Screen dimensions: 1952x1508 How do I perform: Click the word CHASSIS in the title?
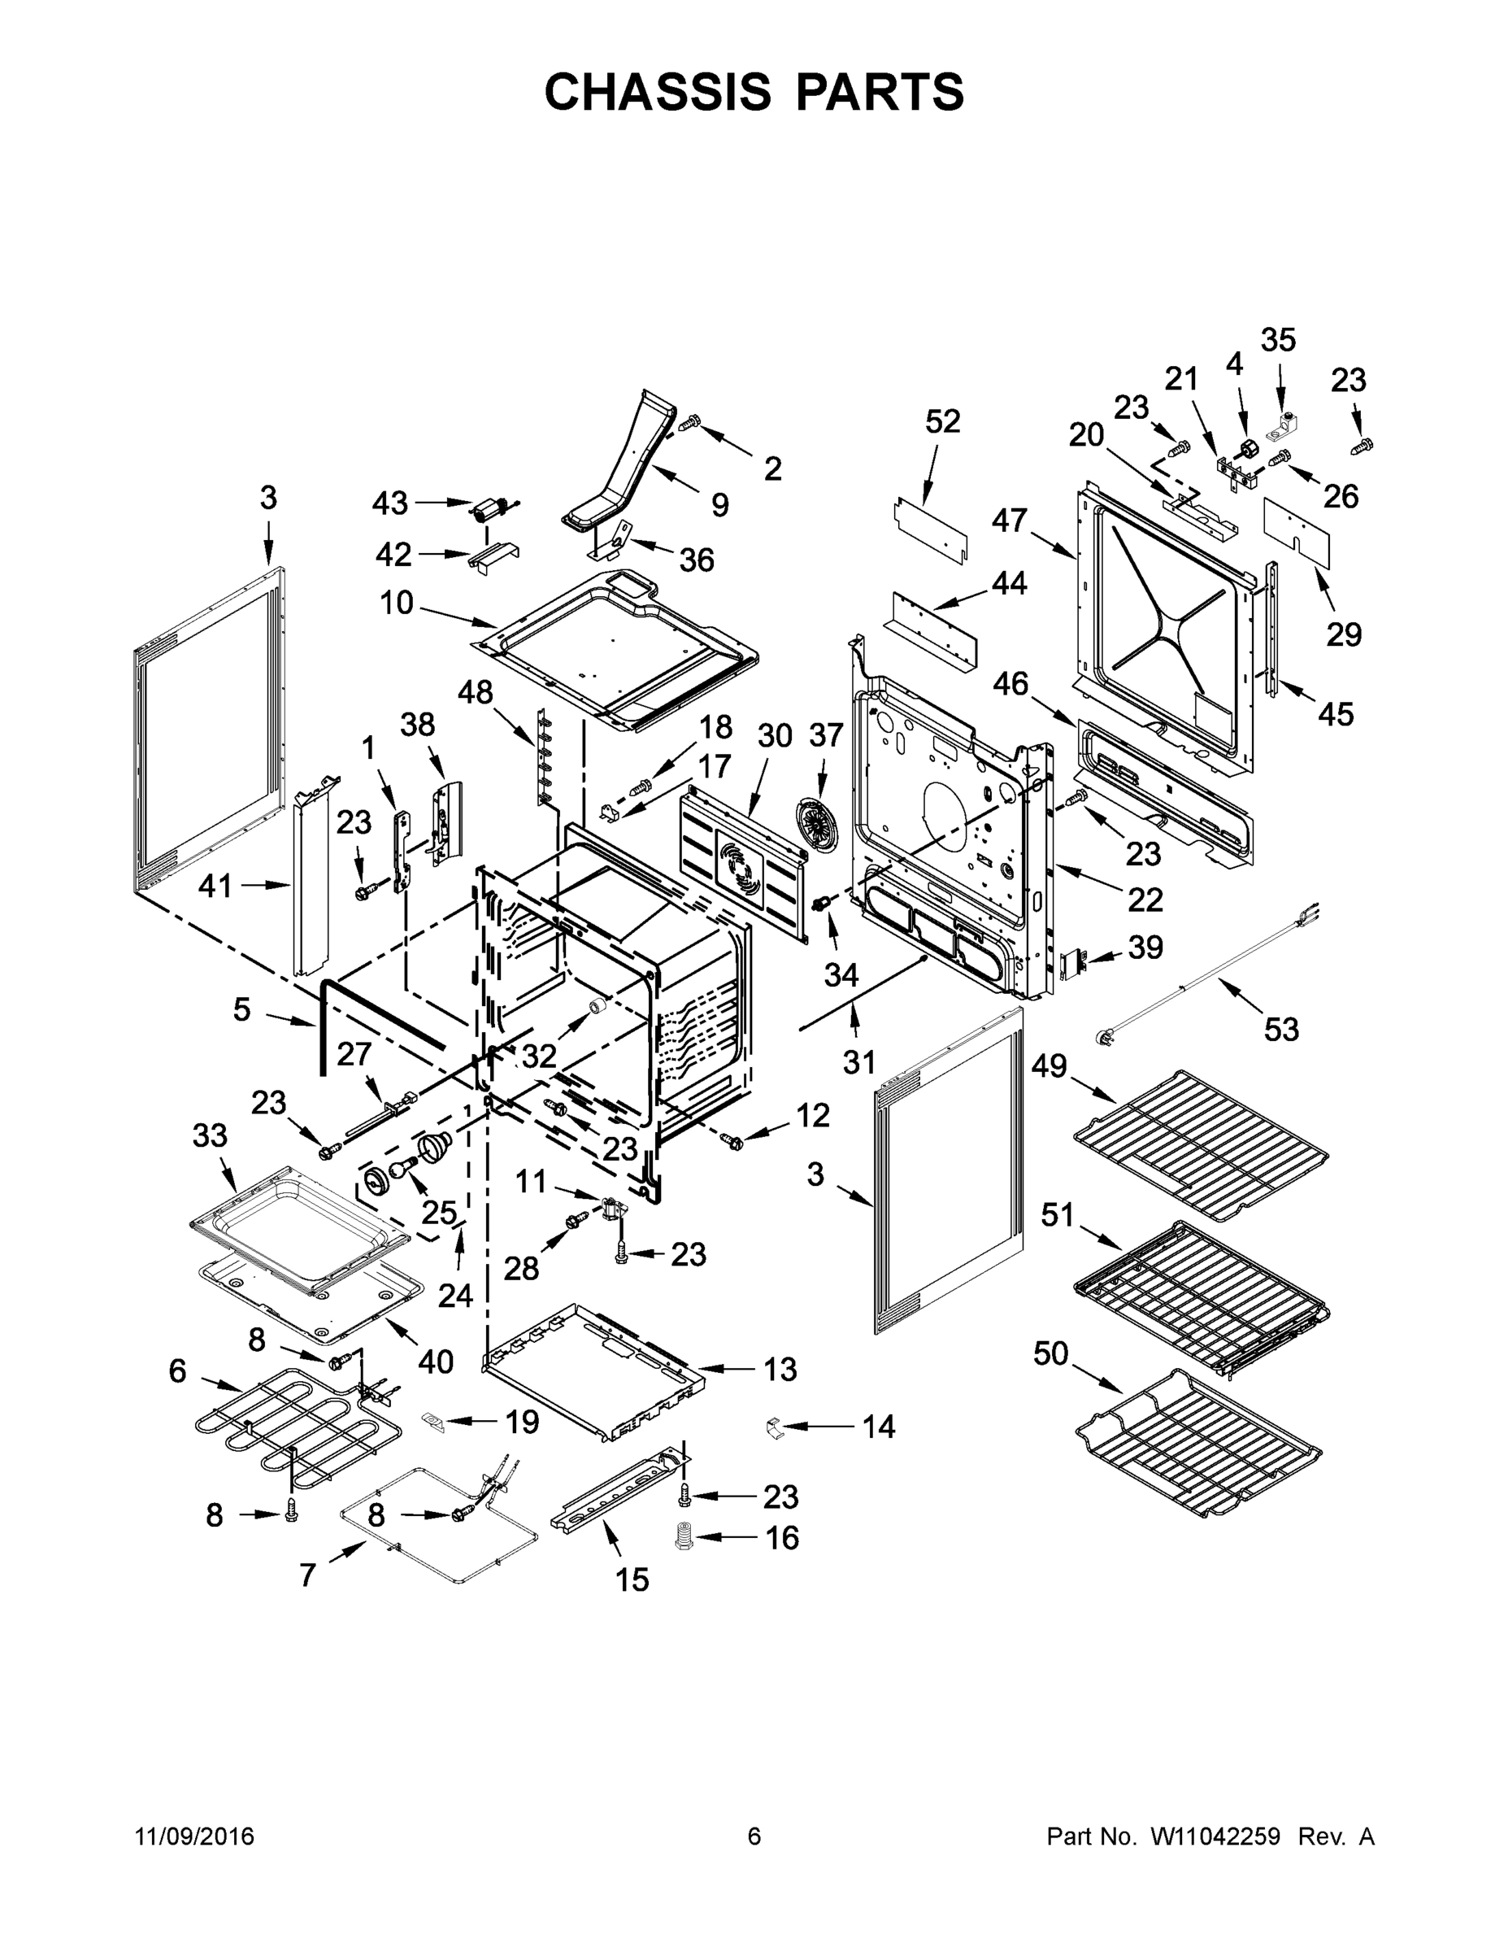click(658, 91)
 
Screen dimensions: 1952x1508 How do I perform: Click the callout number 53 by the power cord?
click(1280, 1030)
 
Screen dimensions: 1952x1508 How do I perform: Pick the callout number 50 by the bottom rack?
click(1050, 1353)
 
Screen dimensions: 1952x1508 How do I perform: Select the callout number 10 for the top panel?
click(396, 603)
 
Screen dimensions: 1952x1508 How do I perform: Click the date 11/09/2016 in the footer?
click(195, 1836)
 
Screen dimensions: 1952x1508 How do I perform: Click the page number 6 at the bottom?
click(754, 1836)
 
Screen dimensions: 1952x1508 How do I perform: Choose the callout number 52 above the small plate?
click(942, 421)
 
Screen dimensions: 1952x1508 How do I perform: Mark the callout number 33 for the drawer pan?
click(210, 1136)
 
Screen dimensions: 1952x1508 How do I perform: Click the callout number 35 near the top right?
click(1277, 340)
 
